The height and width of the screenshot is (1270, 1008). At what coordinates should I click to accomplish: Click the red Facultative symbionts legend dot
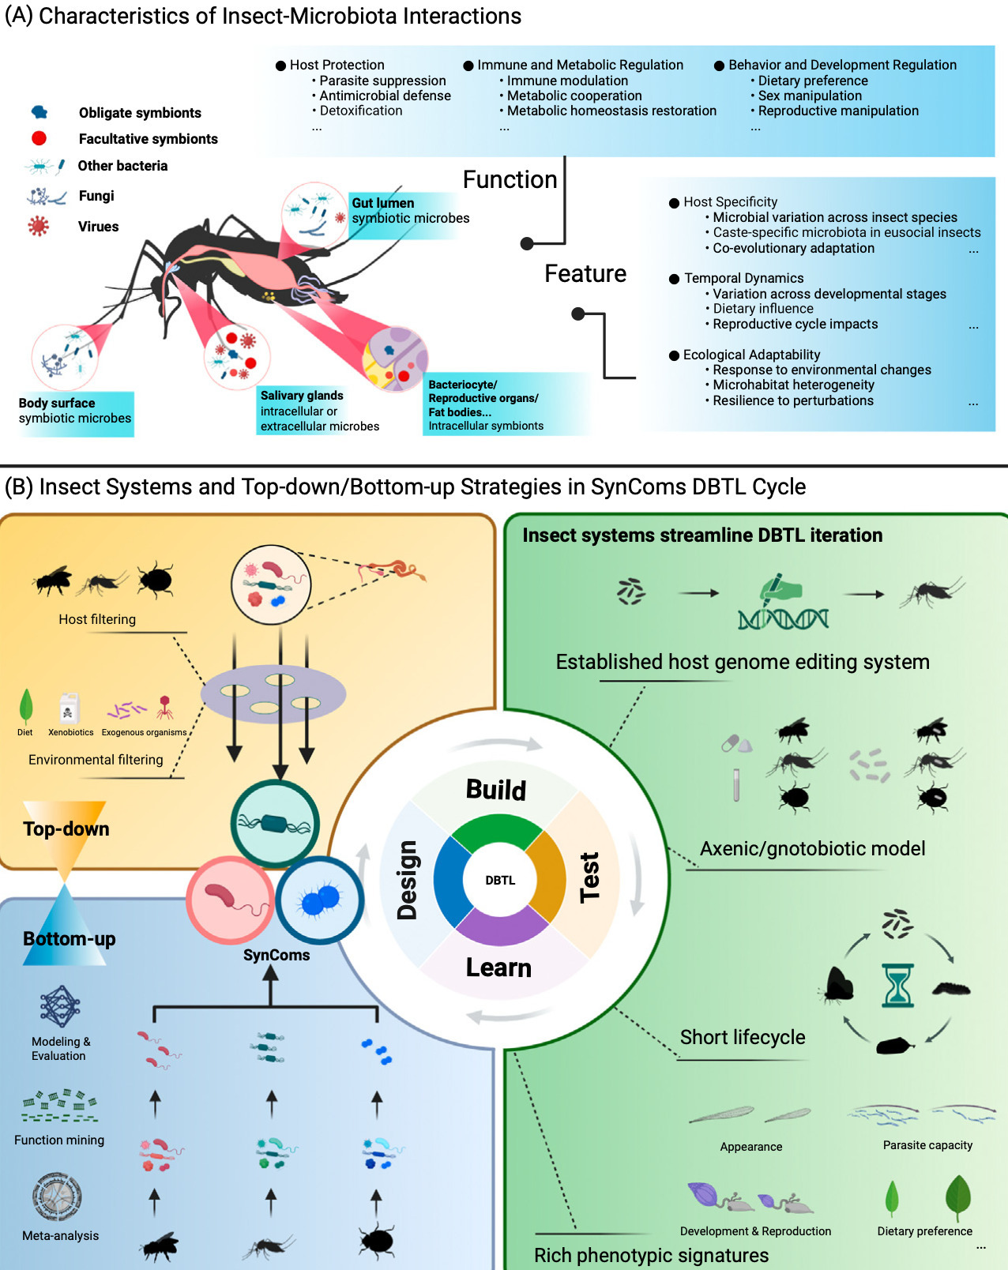point(39,138)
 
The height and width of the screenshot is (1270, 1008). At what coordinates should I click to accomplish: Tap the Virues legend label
point(98,227)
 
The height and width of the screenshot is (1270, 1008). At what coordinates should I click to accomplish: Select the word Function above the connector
point(510,180)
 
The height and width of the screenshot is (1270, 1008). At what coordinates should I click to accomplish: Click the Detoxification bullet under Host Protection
point(360,111)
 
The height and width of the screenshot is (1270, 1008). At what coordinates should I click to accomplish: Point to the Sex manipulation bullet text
point(810,96)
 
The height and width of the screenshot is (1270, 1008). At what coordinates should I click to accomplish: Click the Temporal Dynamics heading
point(743,278)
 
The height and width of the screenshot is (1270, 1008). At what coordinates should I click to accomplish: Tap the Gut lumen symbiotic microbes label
point(410,211)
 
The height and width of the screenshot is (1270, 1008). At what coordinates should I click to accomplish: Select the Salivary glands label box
point(319,411)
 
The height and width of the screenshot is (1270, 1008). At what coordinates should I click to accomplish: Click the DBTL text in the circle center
point(500,880)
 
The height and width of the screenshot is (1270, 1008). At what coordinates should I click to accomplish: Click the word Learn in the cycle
point(498,968)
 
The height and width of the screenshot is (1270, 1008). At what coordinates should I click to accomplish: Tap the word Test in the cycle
point(590,877)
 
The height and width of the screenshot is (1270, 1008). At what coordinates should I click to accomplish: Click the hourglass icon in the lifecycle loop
point(898,985)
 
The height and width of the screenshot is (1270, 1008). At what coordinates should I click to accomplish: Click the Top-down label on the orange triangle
point(66,829)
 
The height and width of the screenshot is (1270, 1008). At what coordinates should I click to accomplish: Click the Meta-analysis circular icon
point(58,1197)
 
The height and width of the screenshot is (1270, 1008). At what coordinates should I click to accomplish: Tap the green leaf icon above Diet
point(26,705)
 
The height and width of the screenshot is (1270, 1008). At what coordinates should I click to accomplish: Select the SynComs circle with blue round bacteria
point(320,900)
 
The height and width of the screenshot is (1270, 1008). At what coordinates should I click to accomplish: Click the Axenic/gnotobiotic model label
point(812,848)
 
